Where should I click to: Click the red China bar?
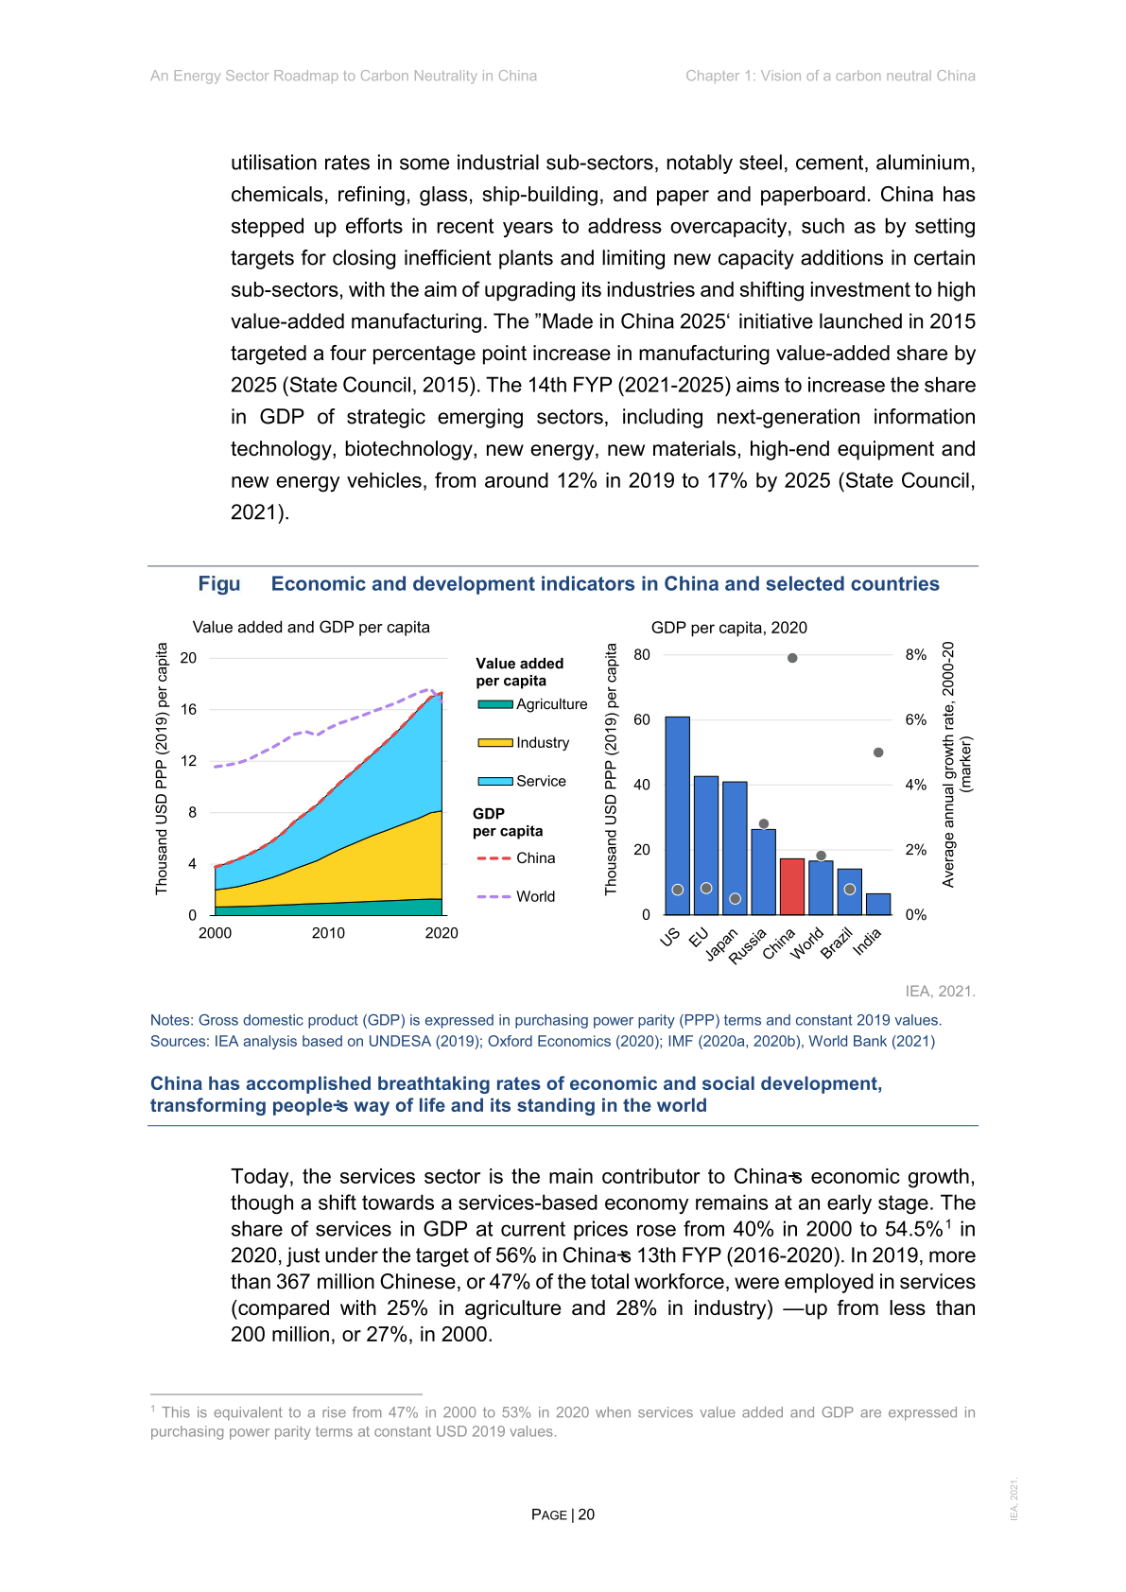pyautogui.click(x=791, y=887)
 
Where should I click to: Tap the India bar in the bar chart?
pyautogui.click(x=878, y=904)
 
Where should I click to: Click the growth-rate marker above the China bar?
pyautogui.click(x=792, y=658)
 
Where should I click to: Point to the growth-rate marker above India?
pyautogui.click(x=878, y=753)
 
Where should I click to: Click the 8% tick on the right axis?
pyautogui.click(x=915, y=655)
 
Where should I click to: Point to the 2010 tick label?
pyautogui.click(x=328, y=933)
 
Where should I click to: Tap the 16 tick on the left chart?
pyautogui.click(x=189, y=709)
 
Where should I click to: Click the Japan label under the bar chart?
pyautogui.click(x=721, y=944)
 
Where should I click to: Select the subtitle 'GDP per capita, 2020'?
pyautogui.click(x=729, y=628)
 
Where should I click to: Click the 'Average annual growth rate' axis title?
pyautogui.click(x=948, y=765)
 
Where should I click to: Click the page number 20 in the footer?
pyautogui.click(x=586, y=1514)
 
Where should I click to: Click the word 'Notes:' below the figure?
pyautogui.click(x=172, y=1020)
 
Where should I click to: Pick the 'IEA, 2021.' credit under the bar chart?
pyautogui.click(x=940, y=991)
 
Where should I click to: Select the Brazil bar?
pyautogui.click(x=849, y=891)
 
